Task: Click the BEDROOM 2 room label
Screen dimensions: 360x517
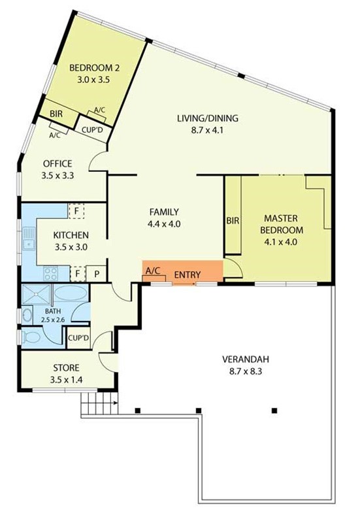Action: (94, 68)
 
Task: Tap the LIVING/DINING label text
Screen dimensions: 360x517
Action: (208, 118)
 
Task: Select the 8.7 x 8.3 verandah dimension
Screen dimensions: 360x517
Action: (246, 371)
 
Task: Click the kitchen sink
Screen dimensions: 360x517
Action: (28, 239)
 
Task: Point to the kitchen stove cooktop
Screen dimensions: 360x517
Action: (51, 273)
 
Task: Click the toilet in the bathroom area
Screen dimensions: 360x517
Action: (30, 337)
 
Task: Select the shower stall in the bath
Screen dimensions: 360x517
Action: (37, 294)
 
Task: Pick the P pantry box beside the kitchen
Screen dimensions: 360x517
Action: (97, 274)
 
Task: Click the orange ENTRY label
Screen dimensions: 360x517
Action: (188, 275)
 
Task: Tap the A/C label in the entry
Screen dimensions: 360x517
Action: (153, 271)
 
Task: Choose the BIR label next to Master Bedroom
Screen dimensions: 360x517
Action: (233, 220)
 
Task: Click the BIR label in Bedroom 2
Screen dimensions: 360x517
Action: (56, 114)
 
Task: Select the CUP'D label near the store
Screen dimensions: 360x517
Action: (78, 338)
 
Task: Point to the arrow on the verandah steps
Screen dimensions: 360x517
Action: (115, 403)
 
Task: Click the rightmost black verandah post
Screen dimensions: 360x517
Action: (274, 410)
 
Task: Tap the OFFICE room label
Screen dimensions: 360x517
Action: (57, 163)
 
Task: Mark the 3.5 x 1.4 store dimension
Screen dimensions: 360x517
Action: (66, 380)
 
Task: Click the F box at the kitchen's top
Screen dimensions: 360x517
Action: (76, 211)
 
